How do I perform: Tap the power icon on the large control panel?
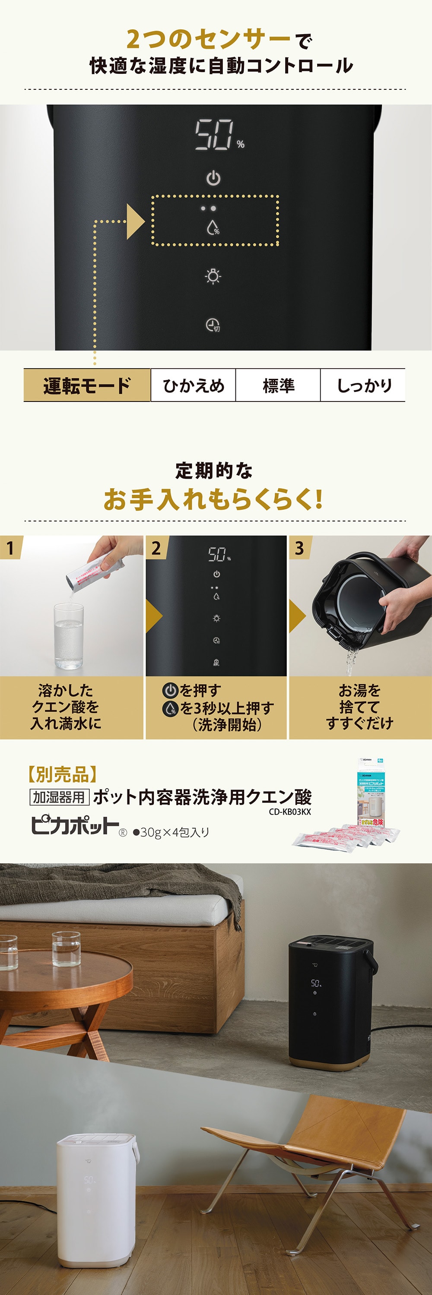pos(213,178)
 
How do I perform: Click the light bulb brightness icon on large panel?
pos(213,276)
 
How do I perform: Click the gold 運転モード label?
pos(87,385)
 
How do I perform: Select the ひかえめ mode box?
pos(193,385)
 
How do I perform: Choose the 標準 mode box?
pos(278,385)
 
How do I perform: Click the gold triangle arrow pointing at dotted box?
pos(135,221)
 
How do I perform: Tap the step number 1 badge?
pos(10,547)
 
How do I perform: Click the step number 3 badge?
pos(299,547)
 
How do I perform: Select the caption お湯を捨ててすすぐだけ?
pos(359,707)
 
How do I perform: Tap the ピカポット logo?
pos(74,825)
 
